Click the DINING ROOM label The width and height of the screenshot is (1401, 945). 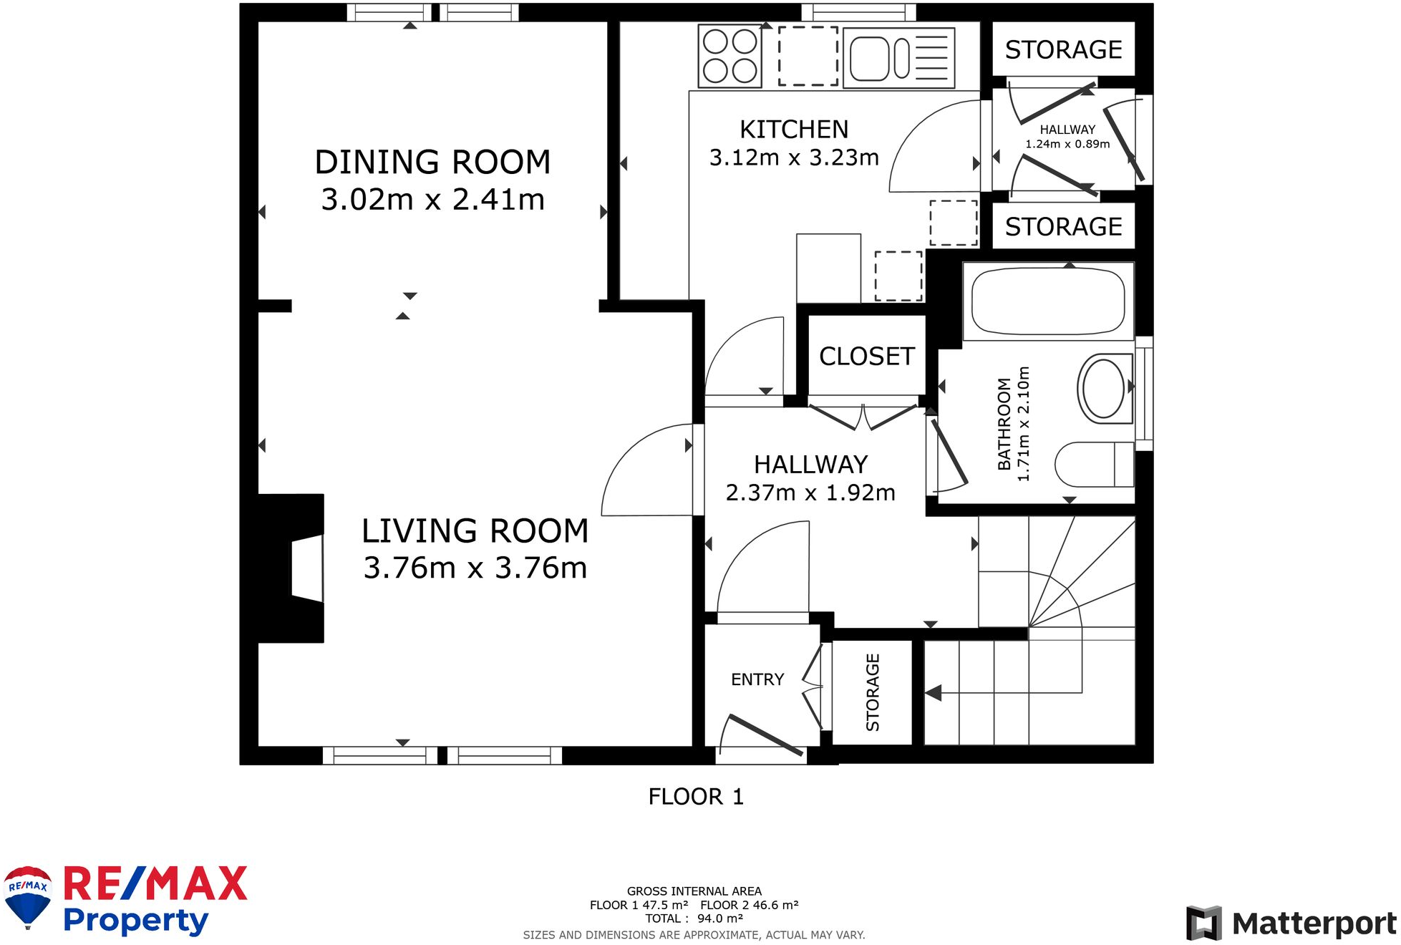click(x=432, y=163)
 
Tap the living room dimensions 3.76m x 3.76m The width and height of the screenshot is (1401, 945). click(x=475, y=568)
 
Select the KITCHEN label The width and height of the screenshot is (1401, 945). click(x=794, y=130)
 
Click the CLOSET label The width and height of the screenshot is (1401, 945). click(x=867, y=357)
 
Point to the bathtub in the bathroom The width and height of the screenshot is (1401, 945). click(x=1048, y=301)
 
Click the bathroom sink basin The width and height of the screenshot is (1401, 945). click(x=1105, y=388)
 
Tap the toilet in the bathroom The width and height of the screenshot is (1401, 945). click(x=1095, y=464)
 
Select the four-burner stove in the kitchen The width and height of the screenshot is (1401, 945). click(x=729, y=56)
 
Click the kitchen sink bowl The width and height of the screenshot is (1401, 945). click(x=870, y=58)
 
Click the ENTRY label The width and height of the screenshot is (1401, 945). click(x=757, y=679)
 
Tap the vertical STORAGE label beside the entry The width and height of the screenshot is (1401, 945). click(x=873, y=692)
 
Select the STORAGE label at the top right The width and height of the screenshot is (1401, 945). click(x=1063, y=49)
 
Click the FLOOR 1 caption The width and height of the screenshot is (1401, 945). click(x=696, y=797)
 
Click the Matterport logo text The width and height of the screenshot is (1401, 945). click(x=1314, y=924)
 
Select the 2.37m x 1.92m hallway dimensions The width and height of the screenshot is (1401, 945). click(x=810, y=493)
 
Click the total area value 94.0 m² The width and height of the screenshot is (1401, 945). click(x=720, y=919)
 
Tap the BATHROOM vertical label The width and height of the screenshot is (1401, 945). click(x=1004, y=424)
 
